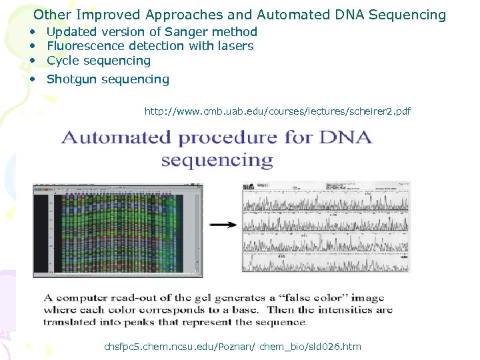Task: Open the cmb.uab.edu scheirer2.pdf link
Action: click(x=277, y=111)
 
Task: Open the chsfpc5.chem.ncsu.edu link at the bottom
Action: click(x=233, y=346)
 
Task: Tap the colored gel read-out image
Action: click(x=118, y=229)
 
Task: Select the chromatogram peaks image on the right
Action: click(x=326, y=227)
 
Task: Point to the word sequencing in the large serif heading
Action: click(x=217, y=161)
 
